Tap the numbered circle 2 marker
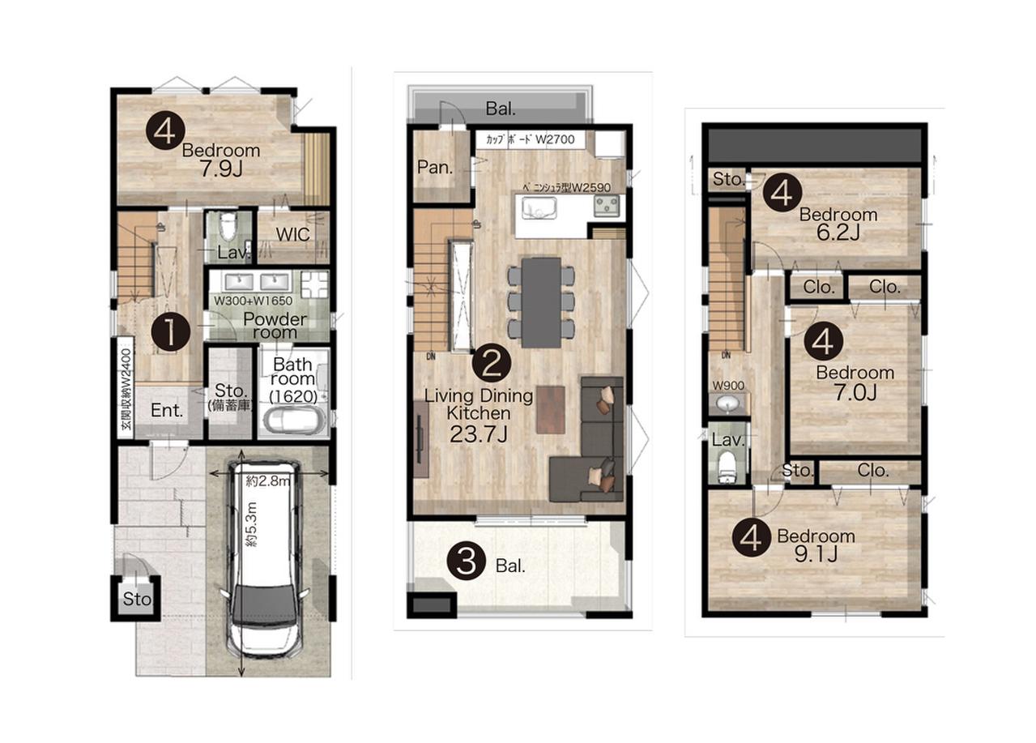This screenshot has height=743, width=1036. (491, 363)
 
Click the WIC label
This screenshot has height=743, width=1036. (292, 234)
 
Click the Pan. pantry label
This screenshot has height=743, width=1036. (435, 168)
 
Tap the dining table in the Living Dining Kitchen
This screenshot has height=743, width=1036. (541, 302)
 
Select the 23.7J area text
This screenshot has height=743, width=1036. (479, 434)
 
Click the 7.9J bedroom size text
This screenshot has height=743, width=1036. (221, 169)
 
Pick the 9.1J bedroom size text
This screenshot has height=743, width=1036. (816, 553)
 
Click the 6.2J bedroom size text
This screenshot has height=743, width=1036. (838, 233)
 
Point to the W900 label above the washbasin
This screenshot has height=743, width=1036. (728, 386)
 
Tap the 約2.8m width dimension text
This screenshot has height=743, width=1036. (268, 481)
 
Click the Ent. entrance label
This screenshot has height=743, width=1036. (167, 410)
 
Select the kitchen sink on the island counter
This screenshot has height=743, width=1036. (539, 207)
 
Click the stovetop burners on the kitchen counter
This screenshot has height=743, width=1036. (608, 206)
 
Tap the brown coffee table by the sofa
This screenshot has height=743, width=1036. (551, 410)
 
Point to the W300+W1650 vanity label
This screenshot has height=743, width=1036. (253, 301)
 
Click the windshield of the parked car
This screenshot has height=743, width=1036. (263, 604)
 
